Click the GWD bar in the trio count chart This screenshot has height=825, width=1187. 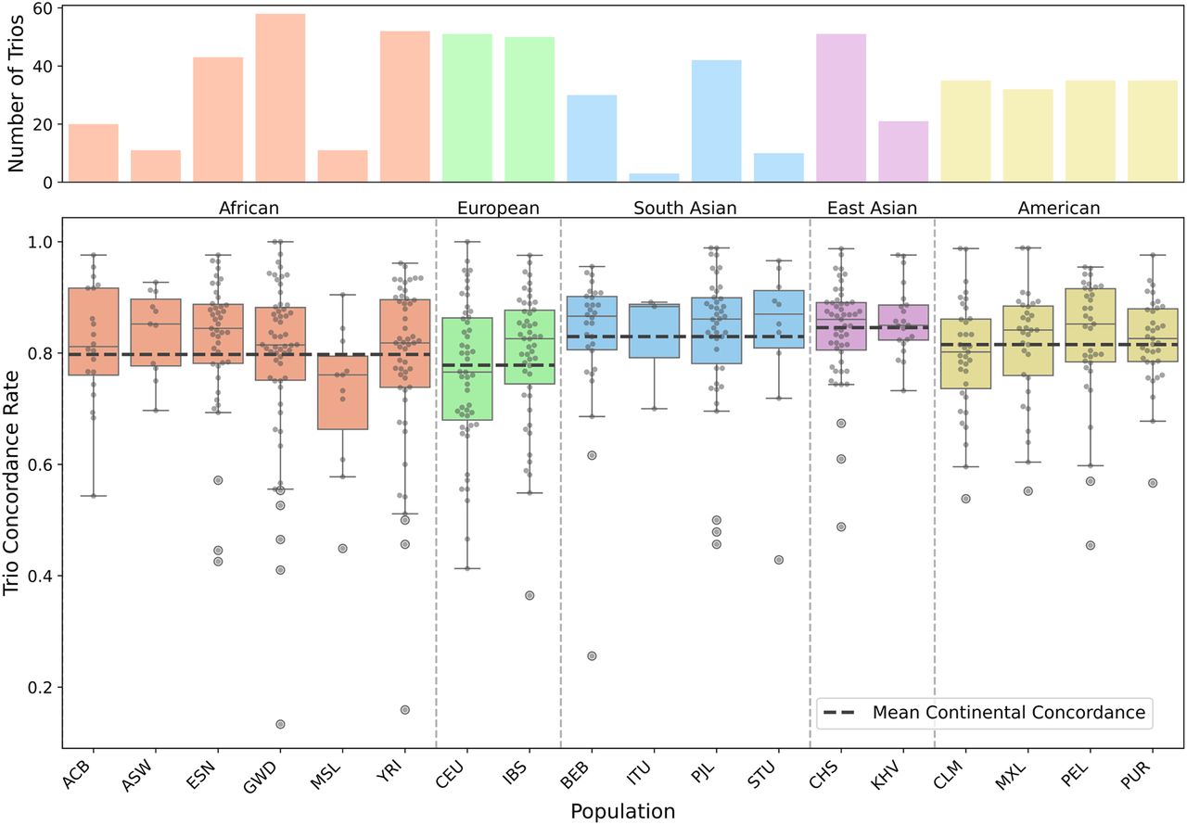[280, 98]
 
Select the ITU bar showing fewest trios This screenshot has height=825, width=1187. [654, 178]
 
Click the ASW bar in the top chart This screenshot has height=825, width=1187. [156, 167]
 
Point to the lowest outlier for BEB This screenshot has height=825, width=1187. [592, 656]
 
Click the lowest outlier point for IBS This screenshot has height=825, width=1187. [530, 595]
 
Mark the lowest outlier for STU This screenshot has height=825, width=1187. [779, 560]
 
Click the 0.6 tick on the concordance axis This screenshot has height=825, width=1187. [40, 464]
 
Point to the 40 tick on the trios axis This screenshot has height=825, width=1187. [42, 66]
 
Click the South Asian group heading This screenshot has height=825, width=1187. [685, 208]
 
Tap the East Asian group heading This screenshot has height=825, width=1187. [872, 208]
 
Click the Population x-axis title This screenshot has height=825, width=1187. [622, 812]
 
